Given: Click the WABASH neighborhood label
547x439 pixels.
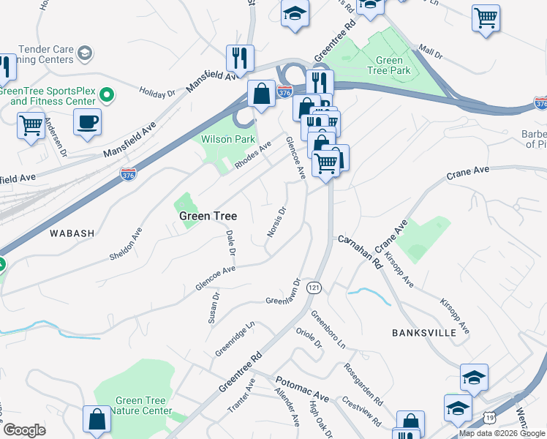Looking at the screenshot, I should click(x=72, y=233).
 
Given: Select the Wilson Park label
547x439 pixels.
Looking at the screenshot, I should click(x=227, y=139).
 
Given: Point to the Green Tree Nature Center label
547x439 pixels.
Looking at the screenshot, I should click(x=143, y=406).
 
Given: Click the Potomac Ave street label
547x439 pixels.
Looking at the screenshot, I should click(x=302, y=389).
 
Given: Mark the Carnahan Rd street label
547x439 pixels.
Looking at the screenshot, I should click(x=360, y=250).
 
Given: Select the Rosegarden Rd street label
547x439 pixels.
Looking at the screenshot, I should click(x=363, y=385).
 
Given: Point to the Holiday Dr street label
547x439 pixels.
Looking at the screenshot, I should click(x=158, y=94).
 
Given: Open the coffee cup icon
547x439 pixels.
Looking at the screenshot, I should click(x=88, y=121).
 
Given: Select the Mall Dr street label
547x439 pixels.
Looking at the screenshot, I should click(x=431, y=54).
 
